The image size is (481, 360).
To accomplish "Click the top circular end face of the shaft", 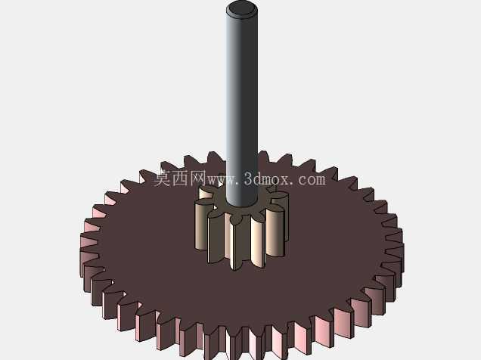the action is tap(242, 8).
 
